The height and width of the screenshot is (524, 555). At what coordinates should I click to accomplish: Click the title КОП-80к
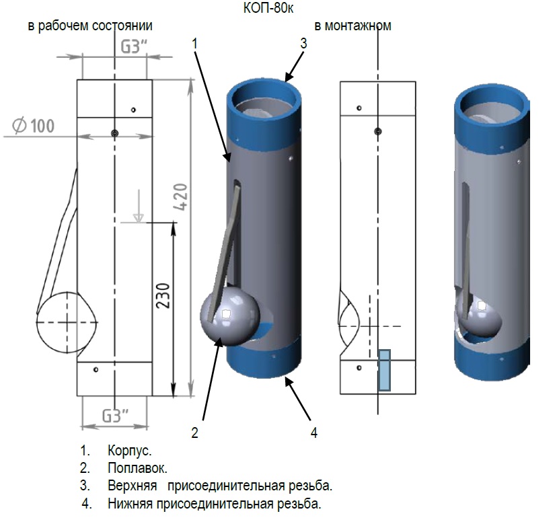[268, 9]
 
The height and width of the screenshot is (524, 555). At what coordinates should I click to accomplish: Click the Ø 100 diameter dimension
[33, 126]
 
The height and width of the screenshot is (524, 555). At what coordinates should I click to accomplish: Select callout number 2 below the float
[194, 433]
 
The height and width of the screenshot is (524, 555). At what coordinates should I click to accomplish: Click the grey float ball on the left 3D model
[229, 316]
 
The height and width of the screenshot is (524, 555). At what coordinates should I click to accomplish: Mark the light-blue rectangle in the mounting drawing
[384, 370]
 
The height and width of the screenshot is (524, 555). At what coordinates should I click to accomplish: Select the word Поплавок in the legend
[137, 467]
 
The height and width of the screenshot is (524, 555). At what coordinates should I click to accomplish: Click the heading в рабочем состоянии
[89, 26]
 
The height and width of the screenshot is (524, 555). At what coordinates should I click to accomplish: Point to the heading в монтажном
[353, 26]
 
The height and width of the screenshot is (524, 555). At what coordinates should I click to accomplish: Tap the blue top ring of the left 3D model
[262, 94]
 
